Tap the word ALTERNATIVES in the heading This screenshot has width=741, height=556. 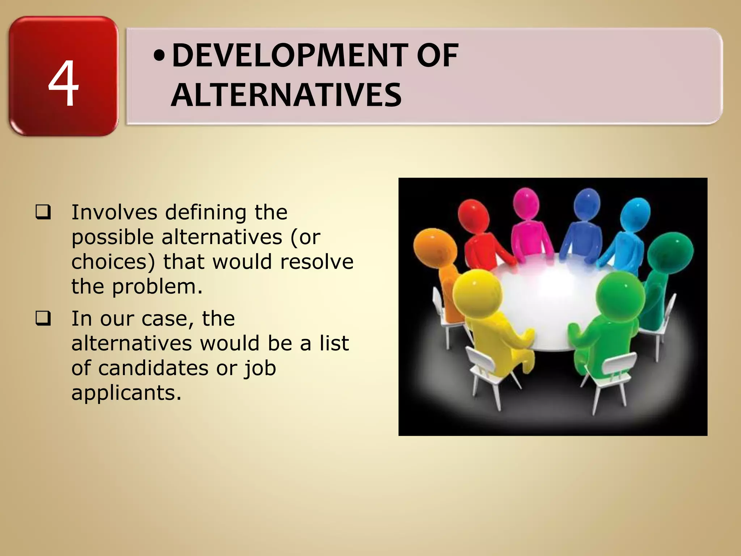click(x=286, y=95)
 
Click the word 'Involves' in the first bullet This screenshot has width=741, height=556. click(x=114, y=212)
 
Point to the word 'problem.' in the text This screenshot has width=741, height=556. click(x=157, y=287)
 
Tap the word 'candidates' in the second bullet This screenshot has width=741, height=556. click(x=154, y=368)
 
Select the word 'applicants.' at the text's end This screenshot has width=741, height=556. click(x=126, y=393)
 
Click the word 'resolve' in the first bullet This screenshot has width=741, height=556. click(x=317, y=262)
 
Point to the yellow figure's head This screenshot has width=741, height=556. click(x=477, y=292)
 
